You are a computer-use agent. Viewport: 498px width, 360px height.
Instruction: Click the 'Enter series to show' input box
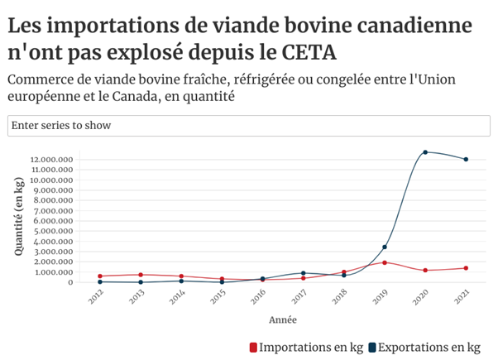coord(248,125)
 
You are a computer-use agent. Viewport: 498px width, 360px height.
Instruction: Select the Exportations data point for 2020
coord(425,152)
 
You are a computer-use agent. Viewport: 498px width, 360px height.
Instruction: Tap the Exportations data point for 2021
coord(466,159)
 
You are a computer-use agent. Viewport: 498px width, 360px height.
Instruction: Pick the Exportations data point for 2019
coord(385,247)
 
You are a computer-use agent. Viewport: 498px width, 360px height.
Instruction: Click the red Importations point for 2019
coord(385,262)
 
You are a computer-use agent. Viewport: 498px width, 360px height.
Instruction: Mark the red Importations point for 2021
coord(466,268)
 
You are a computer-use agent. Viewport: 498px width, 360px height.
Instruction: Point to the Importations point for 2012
coord(100,276)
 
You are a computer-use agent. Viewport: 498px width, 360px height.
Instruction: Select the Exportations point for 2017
coord(304,273)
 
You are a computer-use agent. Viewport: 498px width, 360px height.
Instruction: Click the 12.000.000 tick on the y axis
coord(51,160)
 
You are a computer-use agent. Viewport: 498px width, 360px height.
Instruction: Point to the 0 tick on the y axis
coord(70,282)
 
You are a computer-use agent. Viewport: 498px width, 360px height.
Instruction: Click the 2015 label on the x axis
coord(217,297)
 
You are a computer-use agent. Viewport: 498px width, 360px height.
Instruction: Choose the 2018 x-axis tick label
coord(338,297)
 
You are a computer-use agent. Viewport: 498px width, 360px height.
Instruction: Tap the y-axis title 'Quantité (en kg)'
coord(18,216)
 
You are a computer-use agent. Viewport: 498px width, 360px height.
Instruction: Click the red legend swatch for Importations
coord(253,347)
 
